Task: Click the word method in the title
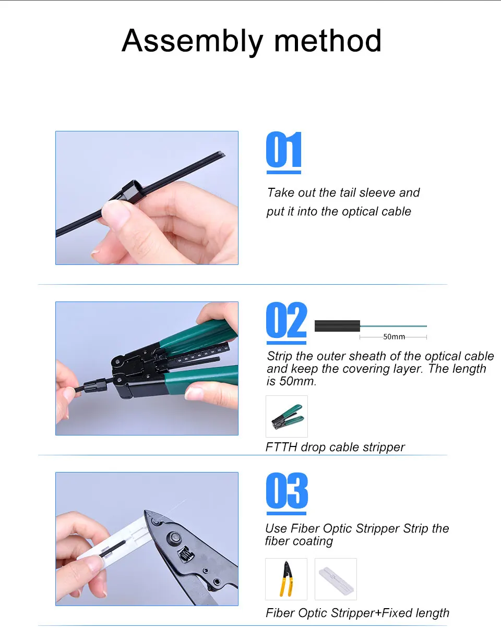coord(328,40)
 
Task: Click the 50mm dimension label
coord(394,337)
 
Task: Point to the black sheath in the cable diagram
coord(337,326)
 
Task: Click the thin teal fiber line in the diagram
coord(393,326)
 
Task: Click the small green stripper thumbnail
coord(287,416)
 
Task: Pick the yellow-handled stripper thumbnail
coord(286,579)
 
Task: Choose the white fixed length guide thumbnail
coord(336,579)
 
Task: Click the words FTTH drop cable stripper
coord(335,447)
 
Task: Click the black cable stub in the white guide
coord(113,549)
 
